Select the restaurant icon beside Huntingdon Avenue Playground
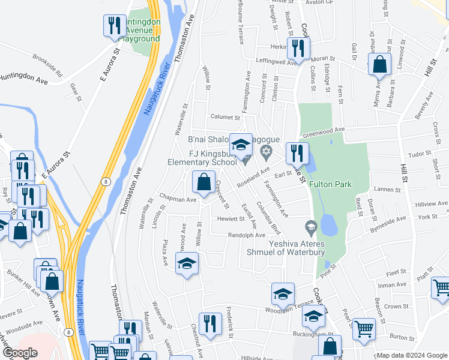(114, 26)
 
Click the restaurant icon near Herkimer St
(298, 49)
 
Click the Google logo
(19, 353)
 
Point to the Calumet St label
(225, 117)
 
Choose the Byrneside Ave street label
(388, 224)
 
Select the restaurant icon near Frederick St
(209, 322)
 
